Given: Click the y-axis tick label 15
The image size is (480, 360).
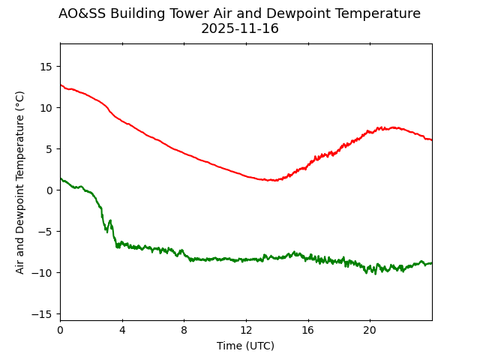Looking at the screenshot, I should [45, 66].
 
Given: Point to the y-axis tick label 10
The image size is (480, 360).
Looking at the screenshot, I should [45, 107].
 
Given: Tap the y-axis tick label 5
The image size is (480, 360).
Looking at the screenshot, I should [48, 148].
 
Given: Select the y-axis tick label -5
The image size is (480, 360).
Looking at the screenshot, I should [45, 231].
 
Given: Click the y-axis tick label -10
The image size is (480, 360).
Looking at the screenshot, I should [43, 272].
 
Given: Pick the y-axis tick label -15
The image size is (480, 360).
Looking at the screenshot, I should [43, 313].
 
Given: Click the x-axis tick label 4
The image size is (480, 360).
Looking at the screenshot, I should [122, 331].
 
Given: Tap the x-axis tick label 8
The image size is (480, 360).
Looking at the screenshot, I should [184, 331].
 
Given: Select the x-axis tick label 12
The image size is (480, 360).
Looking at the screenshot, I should [246, 331].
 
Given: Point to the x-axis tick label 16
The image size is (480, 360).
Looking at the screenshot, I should [307, 331].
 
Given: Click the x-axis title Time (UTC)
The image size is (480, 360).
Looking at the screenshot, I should [246, 346].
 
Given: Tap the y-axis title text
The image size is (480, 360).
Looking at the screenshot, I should [20, 181].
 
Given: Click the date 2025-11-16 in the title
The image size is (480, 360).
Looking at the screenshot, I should [240, 28].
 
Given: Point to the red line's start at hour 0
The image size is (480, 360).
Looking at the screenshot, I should [61, 85].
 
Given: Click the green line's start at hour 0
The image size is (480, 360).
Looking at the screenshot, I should [61, 178].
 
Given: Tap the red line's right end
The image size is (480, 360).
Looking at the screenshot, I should [431, 140].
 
